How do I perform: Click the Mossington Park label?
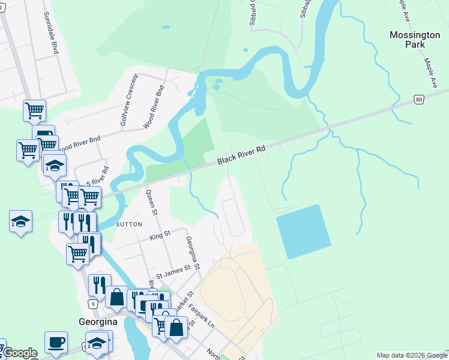point(415,40)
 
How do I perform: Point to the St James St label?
point(173,271)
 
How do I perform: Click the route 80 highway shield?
point(418,100)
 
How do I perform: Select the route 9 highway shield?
point(92,304)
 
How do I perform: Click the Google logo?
point(19,353)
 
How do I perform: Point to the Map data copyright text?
point(411,355)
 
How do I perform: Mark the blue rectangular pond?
point(303,231)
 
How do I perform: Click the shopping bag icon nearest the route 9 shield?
point(116,297)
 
